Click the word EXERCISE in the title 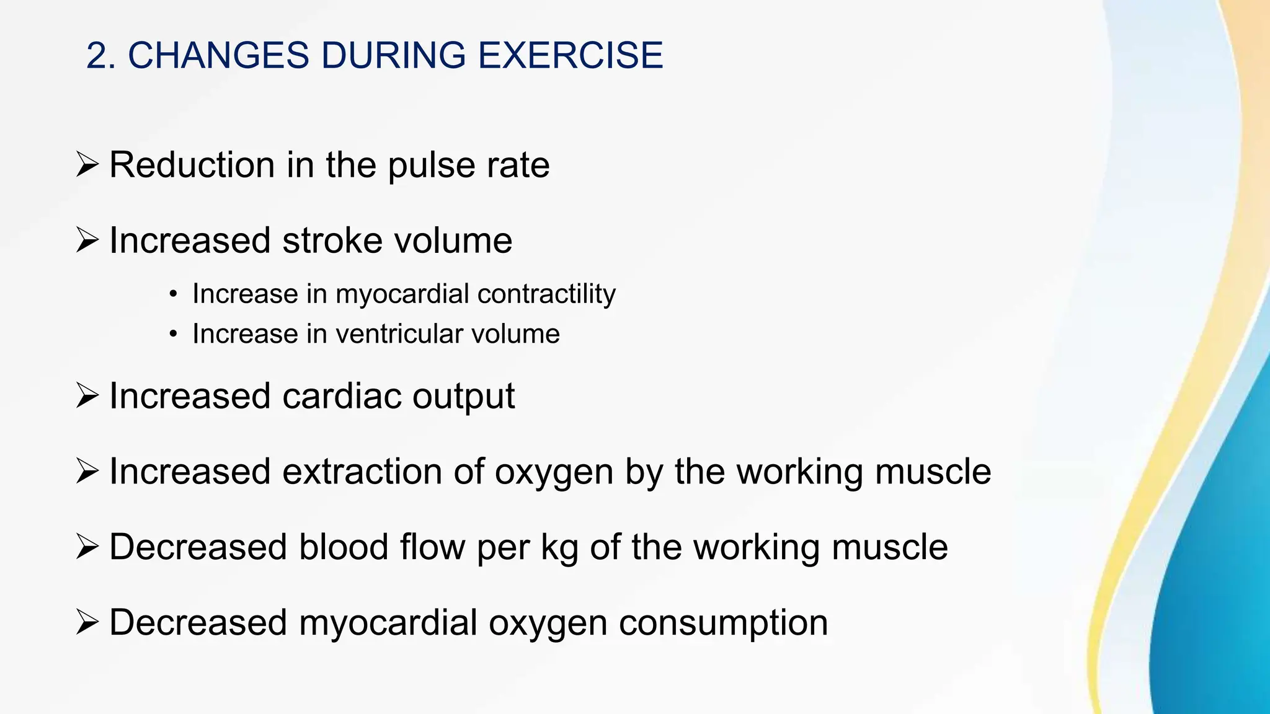click(571, 55)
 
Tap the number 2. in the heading click(101, 55)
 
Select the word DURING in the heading click(393, 55)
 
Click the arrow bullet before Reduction click(87, 165)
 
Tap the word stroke click(332, 240)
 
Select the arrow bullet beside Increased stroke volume click(87, 240)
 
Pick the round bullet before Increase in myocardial click(174, 294)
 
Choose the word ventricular click(399, 334)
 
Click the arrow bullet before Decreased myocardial click(87, 622)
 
